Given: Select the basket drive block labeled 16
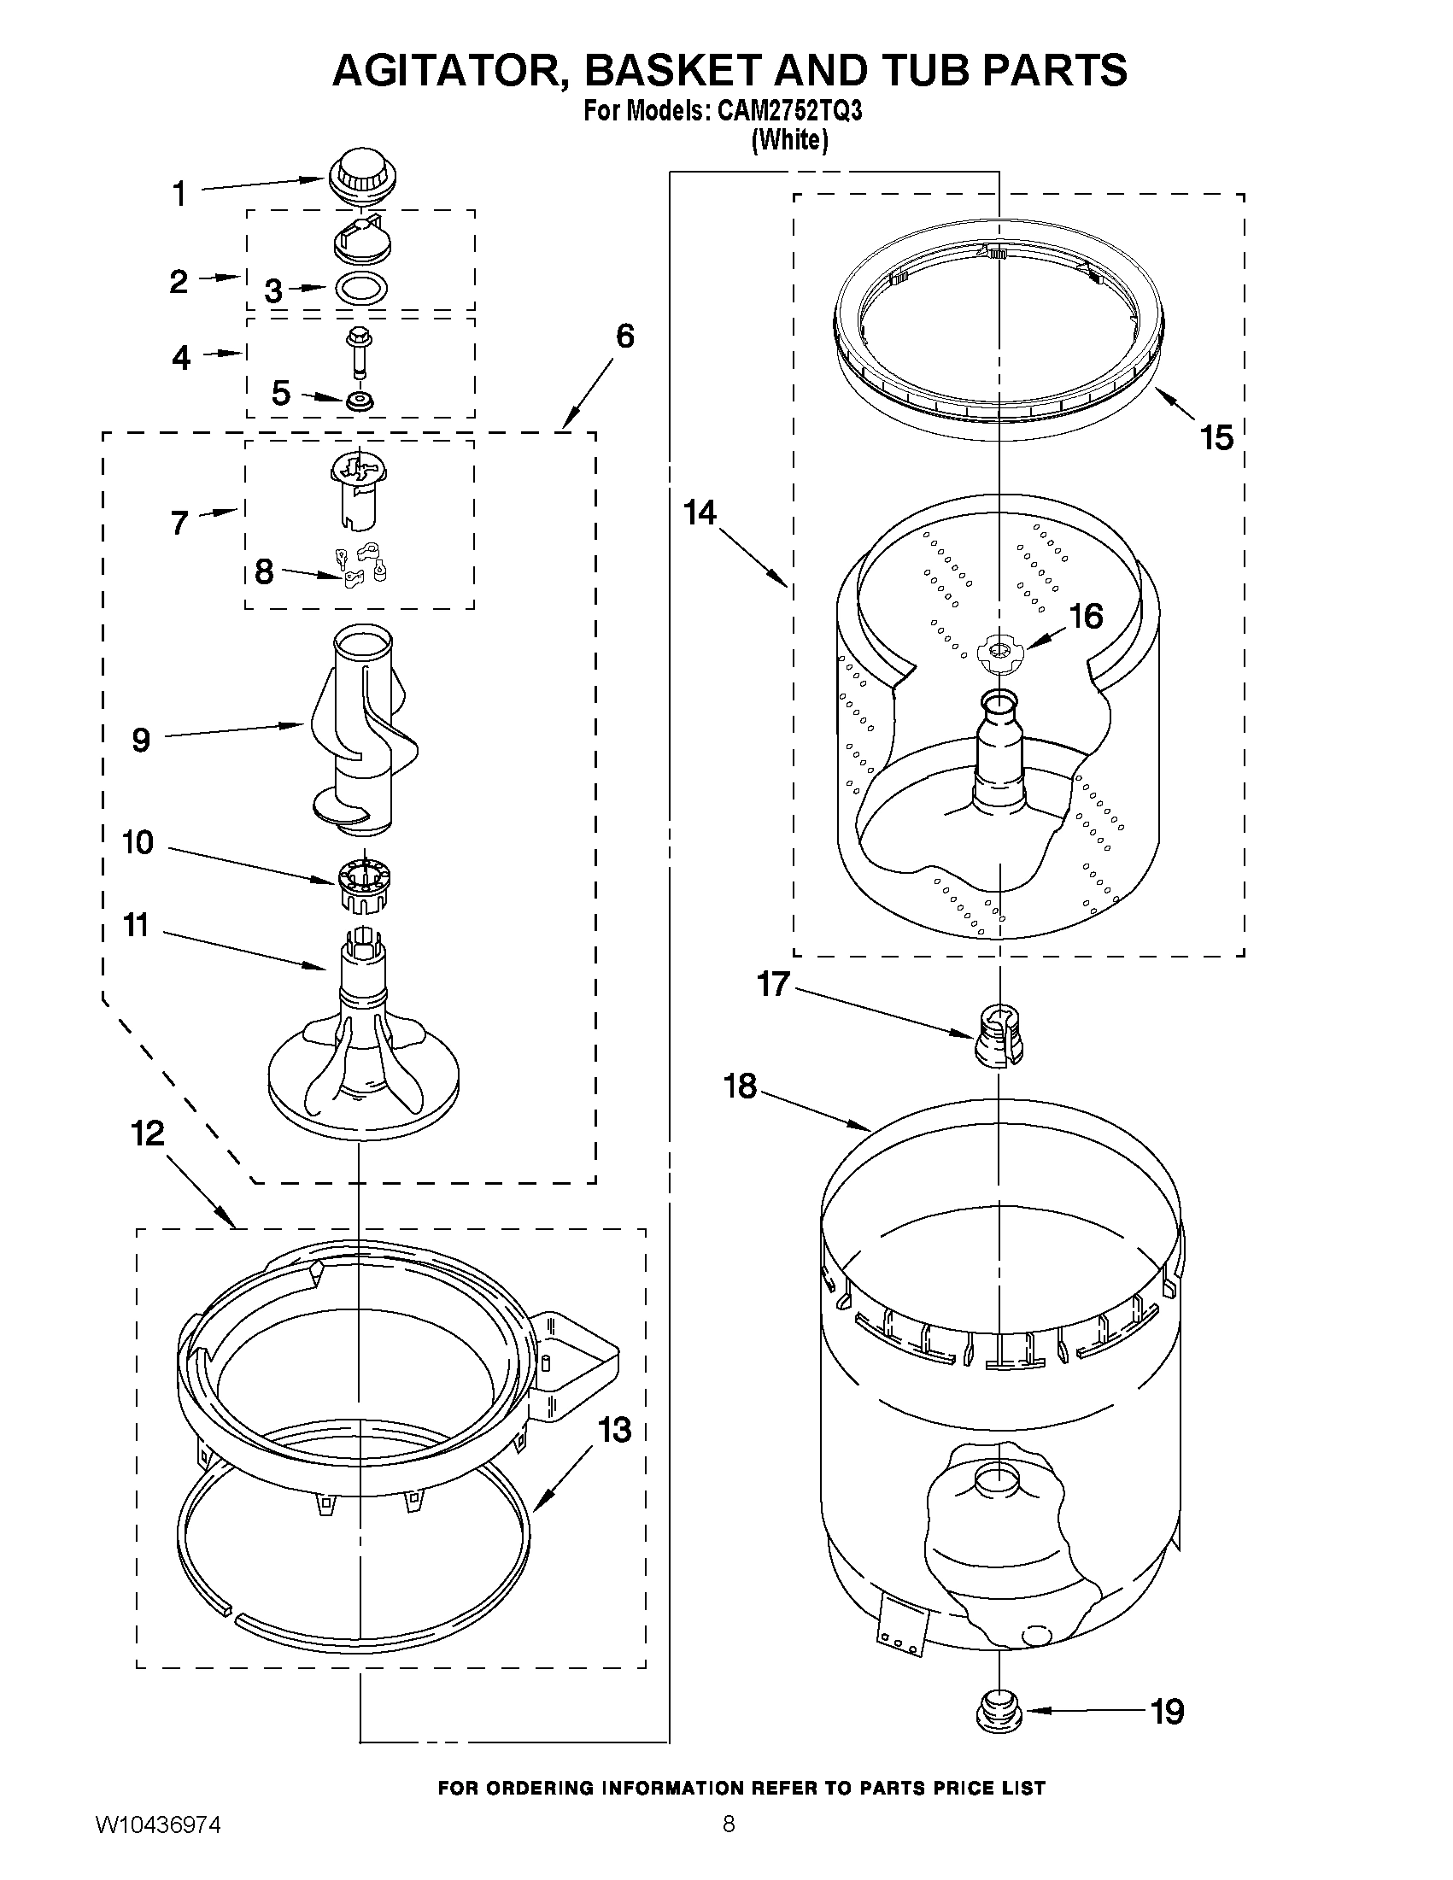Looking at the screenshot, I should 999,652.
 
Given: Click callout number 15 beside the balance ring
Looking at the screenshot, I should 1217,438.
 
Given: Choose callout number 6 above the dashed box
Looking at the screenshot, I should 625,337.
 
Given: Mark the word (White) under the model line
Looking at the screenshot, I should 789,140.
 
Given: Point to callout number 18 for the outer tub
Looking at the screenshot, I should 740,1086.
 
